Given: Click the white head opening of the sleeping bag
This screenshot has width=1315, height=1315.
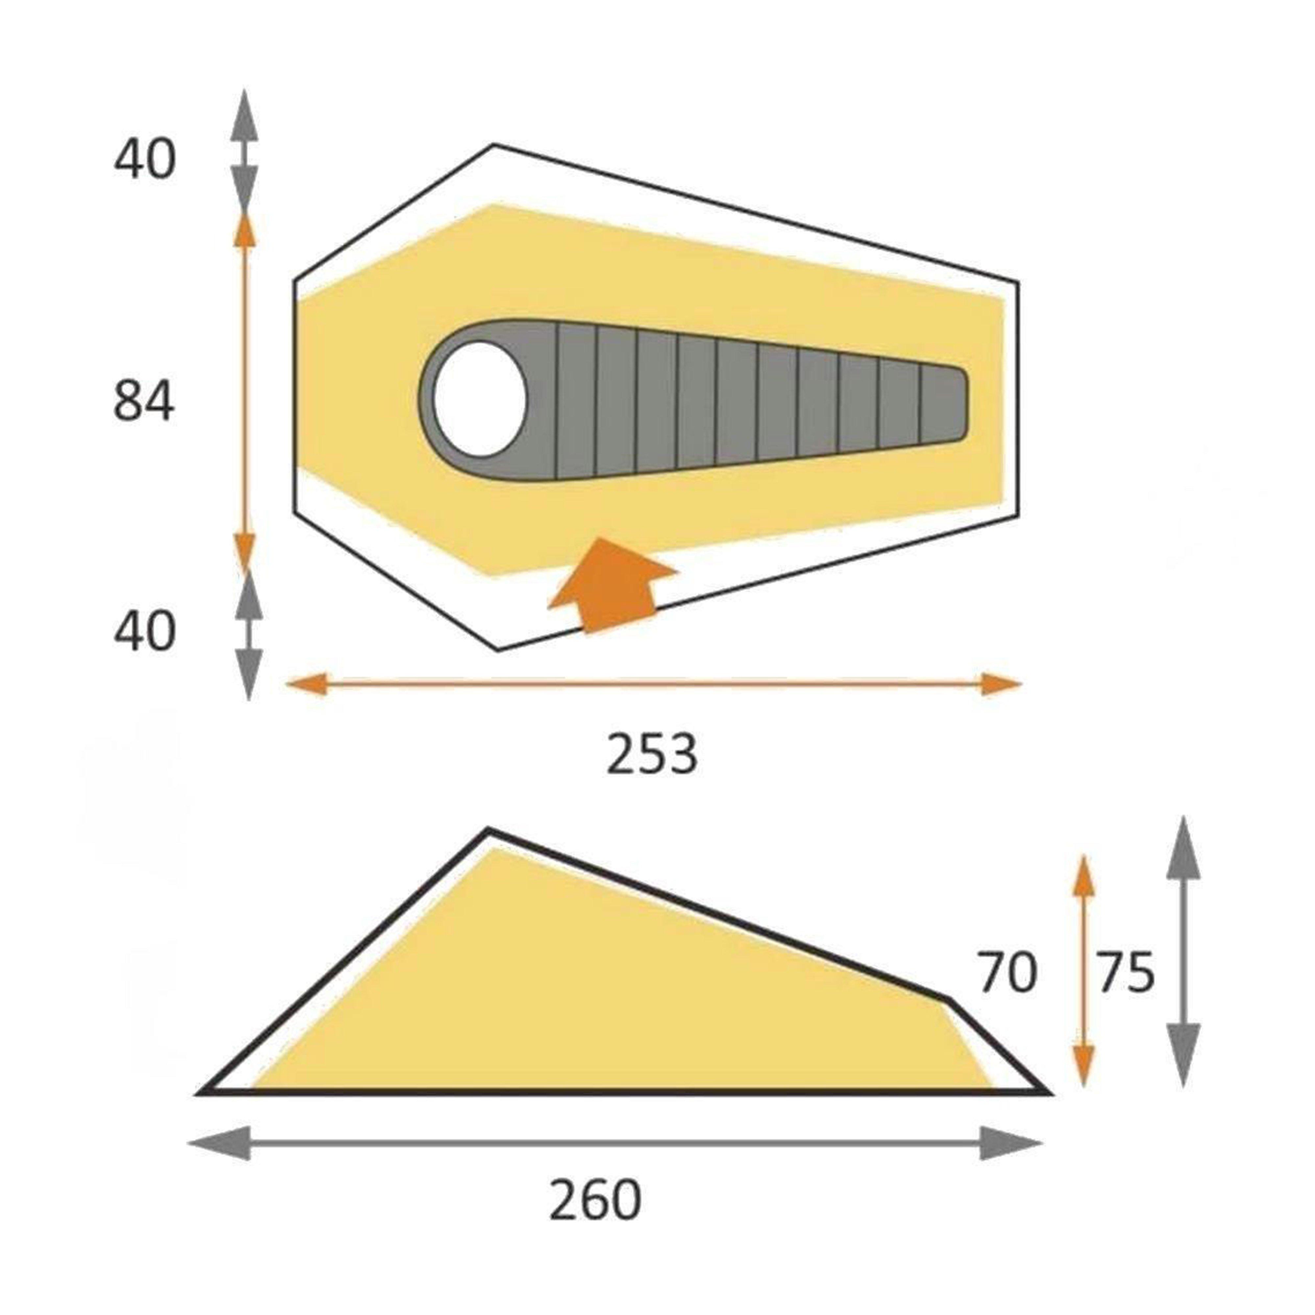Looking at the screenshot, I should pos(480,399).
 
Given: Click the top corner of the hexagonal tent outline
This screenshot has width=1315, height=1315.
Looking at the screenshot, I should pos(493,145).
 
